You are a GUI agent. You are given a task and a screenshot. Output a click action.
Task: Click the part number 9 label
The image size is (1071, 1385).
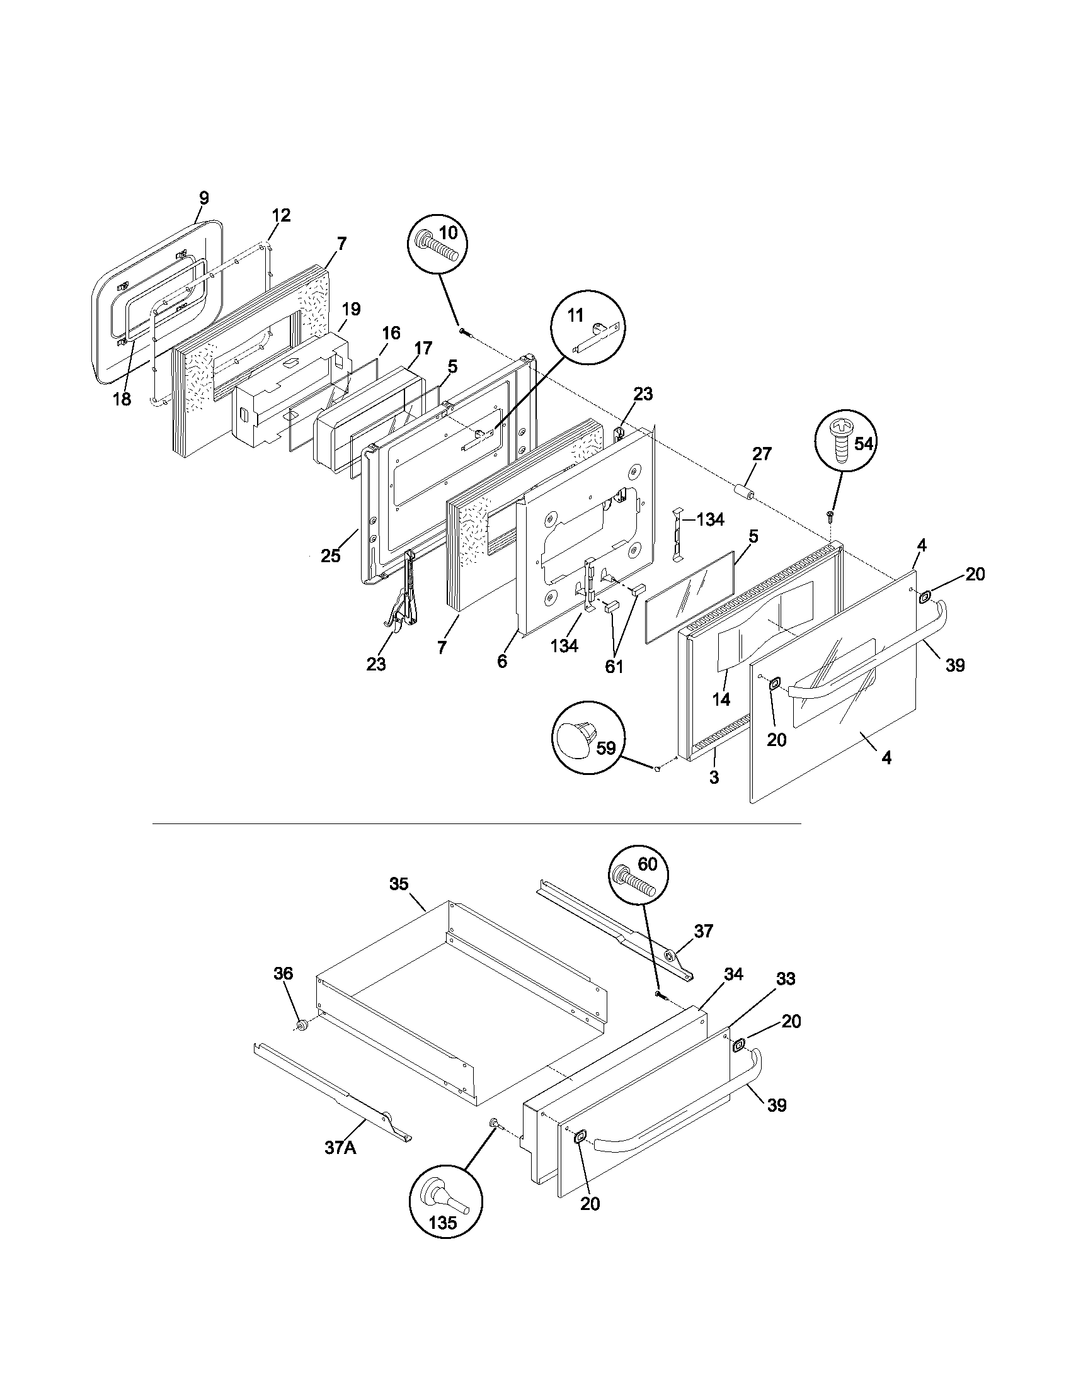click(x=203, y=198)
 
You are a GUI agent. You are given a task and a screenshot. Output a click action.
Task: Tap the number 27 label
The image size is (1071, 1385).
click(x=762, y=453)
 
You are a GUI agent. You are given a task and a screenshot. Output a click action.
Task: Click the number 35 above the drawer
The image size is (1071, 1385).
click(x=399, y=883)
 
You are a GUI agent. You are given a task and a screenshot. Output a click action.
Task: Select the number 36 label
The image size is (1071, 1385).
click(x=283, y=973)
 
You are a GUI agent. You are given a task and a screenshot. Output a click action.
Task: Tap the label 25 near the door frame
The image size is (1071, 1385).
click(x=330, y=555)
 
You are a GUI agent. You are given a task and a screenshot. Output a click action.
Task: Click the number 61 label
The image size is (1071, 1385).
click(x=614, y=667)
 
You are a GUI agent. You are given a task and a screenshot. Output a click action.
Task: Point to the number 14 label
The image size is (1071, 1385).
click(x=721, y=699)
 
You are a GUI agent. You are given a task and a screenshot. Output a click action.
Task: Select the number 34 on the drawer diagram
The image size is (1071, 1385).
click(x=733, y=974)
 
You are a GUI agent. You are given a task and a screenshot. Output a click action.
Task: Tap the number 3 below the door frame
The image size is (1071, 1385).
click(x=714, y=777)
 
